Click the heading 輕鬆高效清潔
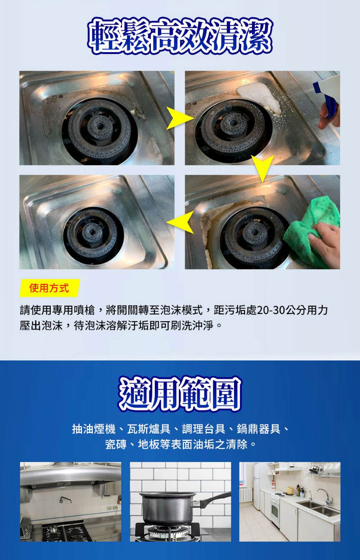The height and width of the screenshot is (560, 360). (180, 36)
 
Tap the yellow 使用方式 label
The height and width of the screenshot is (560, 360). (50, 288)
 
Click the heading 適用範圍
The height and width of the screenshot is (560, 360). (180, 394)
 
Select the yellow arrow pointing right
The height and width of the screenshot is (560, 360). (180, 118)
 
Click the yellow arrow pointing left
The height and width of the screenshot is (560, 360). (180, 222)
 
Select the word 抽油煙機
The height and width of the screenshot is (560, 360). (94, 429)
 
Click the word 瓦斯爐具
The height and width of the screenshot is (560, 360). (149, 429)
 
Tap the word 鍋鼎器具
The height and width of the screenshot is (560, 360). (258, 429)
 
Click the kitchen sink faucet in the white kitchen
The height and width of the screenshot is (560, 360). (326, 496)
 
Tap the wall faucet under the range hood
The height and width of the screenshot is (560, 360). (66, 500)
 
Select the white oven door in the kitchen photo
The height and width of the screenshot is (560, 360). (275, 510)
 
